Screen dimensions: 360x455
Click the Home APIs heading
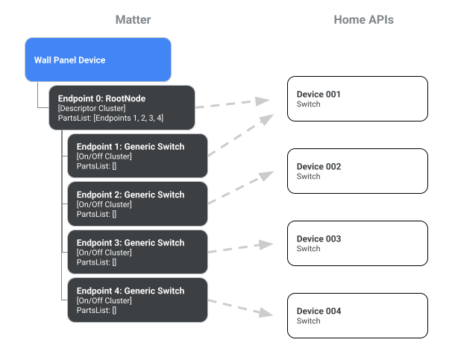click(x=363, y=20)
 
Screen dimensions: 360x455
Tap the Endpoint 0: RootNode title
click(x=101, y=98)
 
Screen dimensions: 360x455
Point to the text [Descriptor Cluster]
click(x=92, y=108)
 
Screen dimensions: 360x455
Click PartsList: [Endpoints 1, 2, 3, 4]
click(x=110, y=118)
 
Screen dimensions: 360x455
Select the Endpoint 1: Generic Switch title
click(x=130, y=146)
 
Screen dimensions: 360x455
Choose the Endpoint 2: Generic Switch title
click(x=130, y=195)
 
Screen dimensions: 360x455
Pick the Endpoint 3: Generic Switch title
click(x=130, y=243)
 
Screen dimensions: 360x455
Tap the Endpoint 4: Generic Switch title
click(x=130, y=291)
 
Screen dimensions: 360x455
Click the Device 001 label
click(x=318, y=95)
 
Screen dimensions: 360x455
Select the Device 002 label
click(x=318, y=167)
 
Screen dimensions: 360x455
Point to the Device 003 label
click(x=318, y=239)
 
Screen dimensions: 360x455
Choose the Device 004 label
click(x=318, y=312)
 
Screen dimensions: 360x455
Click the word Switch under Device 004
click(x=308, y=321)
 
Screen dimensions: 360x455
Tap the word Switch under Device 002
click(x=308, y=177)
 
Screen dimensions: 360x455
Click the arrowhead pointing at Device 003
click(x=265, y=243)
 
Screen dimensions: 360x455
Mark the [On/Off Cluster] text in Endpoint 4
click(x=104, y=300)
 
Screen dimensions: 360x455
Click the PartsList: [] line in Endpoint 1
click(x=96, y=165)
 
